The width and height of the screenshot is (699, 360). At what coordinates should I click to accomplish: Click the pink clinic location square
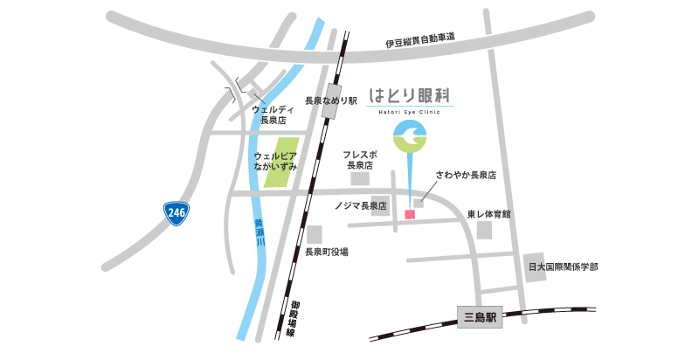409,213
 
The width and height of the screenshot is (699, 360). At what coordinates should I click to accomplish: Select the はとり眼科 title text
410,93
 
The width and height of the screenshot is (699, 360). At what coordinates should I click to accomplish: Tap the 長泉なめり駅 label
331,100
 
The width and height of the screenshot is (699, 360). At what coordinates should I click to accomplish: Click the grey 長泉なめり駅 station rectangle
335,95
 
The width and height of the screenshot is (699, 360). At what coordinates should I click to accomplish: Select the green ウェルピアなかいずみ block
281,163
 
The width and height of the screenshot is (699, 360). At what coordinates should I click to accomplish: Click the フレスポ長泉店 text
358,159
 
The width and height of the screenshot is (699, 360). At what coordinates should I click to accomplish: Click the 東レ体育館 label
488,213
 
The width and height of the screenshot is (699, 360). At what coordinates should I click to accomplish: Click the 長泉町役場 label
327,252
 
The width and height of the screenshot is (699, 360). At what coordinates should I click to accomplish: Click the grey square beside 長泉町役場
314,234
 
